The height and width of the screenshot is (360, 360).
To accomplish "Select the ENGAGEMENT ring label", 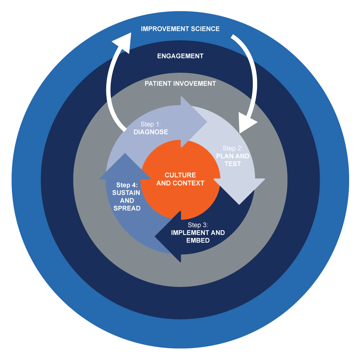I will (180, 56).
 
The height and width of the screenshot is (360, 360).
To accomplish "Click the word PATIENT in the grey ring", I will (158, 84).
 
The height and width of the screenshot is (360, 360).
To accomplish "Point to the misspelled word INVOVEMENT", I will (195, 84).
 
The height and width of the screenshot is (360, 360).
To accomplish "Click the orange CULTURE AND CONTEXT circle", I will (180, 194).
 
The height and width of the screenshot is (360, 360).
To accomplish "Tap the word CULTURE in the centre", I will (180, 175).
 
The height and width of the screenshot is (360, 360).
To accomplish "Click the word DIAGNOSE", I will (150, 132).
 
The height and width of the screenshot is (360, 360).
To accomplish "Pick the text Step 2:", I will (233, 148).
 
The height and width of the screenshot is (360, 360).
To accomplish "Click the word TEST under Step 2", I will (233, 164).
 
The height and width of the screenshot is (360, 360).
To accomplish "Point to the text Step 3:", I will (198, 225).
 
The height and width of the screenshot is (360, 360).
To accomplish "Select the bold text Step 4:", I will (127, 185).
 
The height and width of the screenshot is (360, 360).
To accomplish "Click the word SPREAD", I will (127, 208).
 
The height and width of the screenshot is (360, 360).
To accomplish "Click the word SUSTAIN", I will (127, 193).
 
